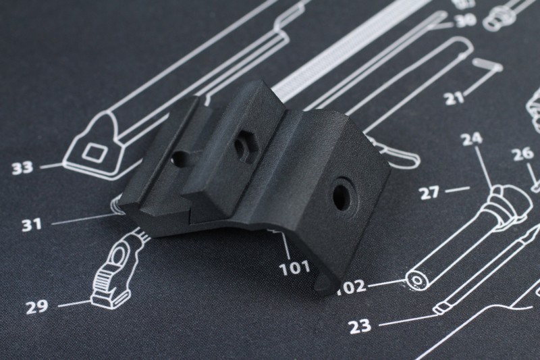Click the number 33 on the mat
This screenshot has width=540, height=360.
click(x=23, y=168)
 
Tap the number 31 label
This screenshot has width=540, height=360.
click(x=32, y=225)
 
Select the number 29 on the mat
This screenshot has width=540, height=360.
click(x=37, y=307)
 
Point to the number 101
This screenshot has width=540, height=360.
click(x=294, y=268)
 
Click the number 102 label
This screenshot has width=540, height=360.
click(x=351, y=286)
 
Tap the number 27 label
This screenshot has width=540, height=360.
click(x=430, y=192)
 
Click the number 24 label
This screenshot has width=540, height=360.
click(x=471, y=138)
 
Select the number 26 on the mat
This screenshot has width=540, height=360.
click(x=522, y=155)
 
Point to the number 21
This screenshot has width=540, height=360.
click(x=454, y=99)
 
